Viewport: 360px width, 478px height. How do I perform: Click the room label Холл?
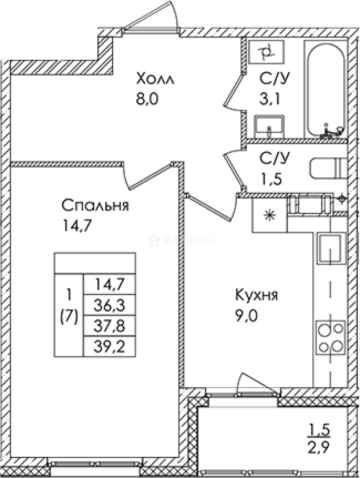156,80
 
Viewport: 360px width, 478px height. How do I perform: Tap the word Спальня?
95,206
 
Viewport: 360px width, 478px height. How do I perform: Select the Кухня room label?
256,295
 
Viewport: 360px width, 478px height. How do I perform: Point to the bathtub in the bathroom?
326,91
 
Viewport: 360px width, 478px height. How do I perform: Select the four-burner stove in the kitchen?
330,337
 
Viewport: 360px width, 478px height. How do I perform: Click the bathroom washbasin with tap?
269,126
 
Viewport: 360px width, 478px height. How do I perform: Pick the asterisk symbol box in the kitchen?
269,216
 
